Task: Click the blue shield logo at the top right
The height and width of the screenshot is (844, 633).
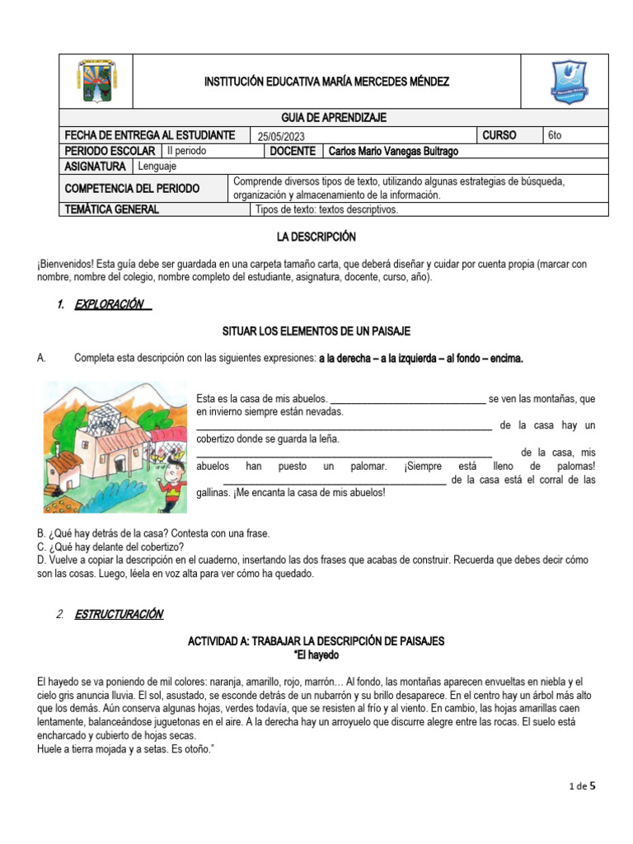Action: click(568, 82)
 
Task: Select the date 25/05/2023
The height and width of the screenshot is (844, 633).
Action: click(286, 136)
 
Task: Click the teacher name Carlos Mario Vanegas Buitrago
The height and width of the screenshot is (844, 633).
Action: click(393, 152)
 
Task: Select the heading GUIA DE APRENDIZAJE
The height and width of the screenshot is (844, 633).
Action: click(333, 118)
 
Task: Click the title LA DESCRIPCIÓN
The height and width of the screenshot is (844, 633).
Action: click(316, 237)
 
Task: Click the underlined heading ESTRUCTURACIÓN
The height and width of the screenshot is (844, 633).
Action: click(119, 615)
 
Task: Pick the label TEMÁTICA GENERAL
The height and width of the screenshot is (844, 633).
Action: click(111, 209)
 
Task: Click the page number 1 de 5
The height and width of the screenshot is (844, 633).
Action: click(582, 786)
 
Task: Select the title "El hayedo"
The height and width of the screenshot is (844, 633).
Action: click(316, 655)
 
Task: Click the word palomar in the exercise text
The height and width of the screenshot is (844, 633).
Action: click(368, 467)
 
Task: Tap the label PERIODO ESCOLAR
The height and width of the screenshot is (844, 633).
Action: click(110, 152)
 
